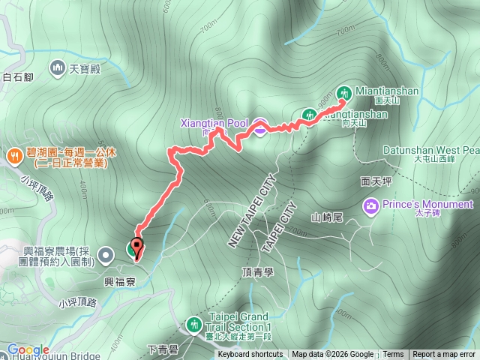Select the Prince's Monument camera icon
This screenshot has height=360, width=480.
click(370, 205)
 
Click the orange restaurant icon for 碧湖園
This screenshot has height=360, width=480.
click(13, 155)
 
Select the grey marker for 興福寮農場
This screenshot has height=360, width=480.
click(106, 254)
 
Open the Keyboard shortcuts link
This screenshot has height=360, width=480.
click(250, 355)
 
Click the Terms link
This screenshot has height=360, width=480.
click(393, 355)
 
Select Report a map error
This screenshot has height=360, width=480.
click(445, 355)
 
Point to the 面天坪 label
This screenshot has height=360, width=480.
click(376, 181)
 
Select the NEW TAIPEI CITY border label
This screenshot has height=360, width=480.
click(249, 214)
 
